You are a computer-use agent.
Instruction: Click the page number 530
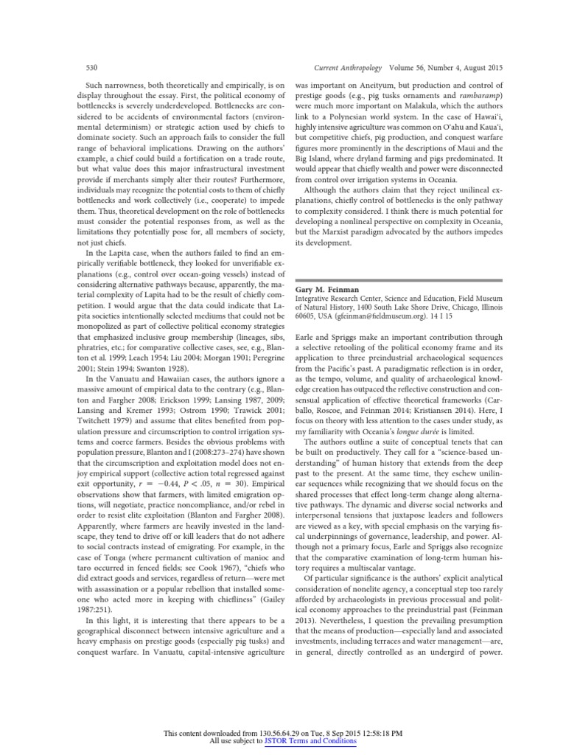[x=92, y=66]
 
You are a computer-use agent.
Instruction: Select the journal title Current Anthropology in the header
[x=349, y=66]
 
